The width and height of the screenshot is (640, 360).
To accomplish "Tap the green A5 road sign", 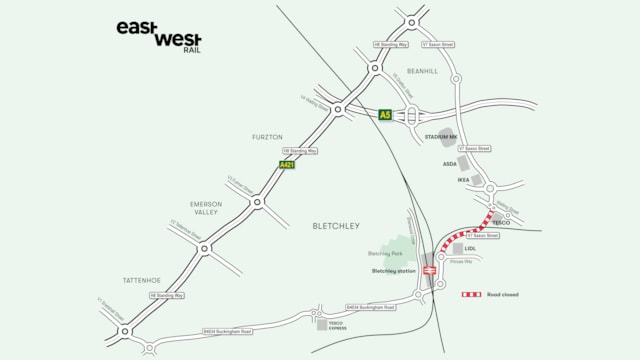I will tap(385, 115).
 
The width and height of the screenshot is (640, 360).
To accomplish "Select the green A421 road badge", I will tap(287, 164).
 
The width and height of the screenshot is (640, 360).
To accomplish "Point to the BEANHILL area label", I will tap(422, 72).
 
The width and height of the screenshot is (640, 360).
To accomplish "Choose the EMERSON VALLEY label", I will tap(206, 208).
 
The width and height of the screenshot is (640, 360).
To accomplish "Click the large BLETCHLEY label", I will tap(335, 226).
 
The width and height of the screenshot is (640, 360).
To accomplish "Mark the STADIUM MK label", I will tap(441, 137).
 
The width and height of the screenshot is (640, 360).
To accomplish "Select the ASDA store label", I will tap(450, 163).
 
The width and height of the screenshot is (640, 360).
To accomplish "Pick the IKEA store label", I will tap(463, 181).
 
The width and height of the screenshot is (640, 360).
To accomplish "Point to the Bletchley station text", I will tap(393, 271).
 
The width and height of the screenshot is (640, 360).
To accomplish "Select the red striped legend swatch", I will tap(471, 295).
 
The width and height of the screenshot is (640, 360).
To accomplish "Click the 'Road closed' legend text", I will tap(503, 295).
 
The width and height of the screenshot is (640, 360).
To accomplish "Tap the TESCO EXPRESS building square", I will tap(322, 324).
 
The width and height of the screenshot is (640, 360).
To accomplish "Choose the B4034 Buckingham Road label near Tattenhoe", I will tap(227, 330).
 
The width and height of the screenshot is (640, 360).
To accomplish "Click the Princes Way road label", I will tap(461, 261).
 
